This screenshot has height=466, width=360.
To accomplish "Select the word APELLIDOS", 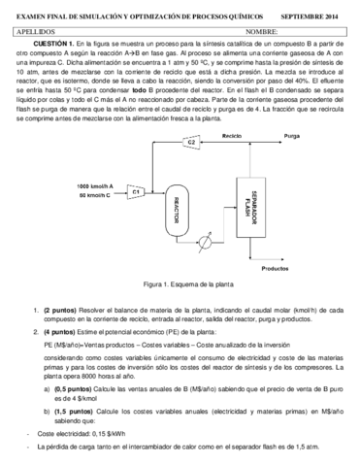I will (40, 30).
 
